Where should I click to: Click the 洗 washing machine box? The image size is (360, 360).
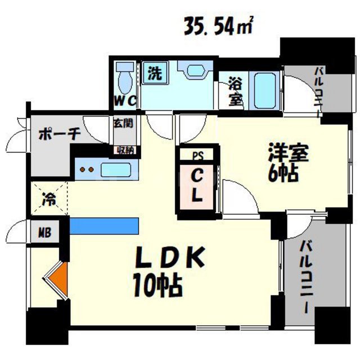click(x=154, y=72)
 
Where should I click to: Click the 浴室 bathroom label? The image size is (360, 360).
click(x=235, y=92)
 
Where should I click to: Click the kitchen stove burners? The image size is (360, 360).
click(x=87, y=169)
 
